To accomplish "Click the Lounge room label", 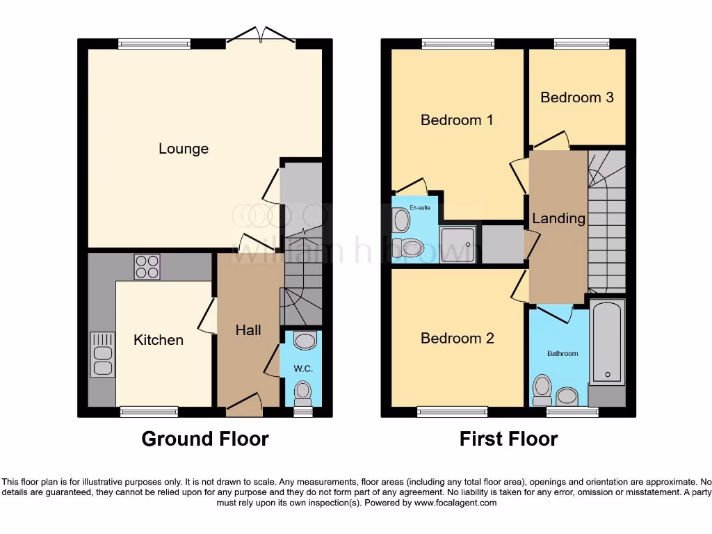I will point(184,149).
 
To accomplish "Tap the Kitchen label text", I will point(159,340).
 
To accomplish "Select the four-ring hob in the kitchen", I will point(147,267).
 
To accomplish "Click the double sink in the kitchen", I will point(102,355).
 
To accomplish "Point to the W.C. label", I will point(303,369).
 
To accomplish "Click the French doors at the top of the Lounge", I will point(261,36).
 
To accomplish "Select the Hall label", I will point(248,330).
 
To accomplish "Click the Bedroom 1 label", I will point(457,120).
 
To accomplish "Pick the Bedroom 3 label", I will point(577,97).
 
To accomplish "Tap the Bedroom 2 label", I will point(457,339).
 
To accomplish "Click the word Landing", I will point(558,218).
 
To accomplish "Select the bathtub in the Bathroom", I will point(607,342).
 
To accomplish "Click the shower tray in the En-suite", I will point(458,244).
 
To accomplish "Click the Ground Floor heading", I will point(205,439).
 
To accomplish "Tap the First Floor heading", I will point(508,439).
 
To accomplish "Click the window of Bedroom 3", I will point(581,44).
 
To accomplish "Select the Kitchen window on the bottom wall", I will point(149,412).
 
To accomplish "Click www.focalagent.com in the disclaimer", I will point(455,503).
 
